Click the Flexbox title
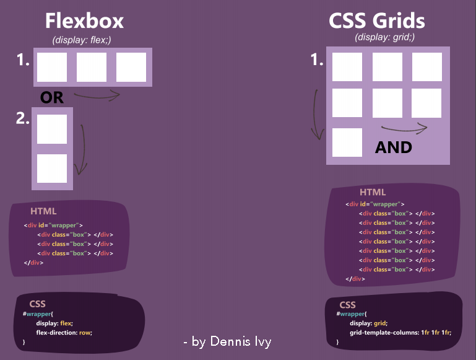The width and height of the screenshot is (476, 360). pyautogui.click(x=84, y=21)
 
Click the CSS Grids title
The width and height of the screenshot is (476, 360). pyautogui.click(x=377, y=21)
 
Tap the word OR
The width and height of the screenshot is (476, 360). pyautogui.click(x=52, y=97)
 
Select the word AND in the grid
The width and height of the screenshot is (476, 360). pyautogui.click(x=394, y=147)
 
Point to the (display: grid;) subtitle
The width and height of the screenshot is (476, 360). pyautogui.click(x=384, y=37)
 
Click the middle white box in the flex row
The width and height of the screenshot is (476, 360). pyautogui.click(x=92, y=68)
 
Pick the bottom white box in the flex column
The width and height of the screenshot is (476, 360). pyautogui.click(x=52, y=169)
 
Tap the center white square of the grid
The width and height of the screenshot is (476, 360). pyautogui.click(x=387, y=103)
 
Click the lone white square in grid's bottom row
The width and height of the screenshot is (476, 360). pyautogui.click(x=347, y=142)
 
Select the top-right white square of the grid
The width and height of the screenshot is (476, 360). pyautogui.click(x=427, y=67)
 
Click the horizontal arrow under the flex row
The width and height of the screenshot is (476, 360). pyautogui.click(x=97, y=95)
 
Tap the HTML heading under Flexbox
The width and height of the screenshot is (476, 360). pyautogui.click(x=43, y=211)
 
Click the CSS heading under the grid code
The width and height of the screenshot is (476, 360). pyautogui.click(x=348, y=305)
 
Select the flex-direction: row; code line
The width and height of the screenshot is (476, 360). pyautogui.click(x=64, y=332)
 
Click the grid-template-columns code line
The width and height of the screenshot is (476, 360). pyautogui.click(x=400, y=332)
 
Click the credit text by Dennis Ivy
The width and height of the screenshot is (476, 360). pyautogui.click(x=228, y=341)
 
